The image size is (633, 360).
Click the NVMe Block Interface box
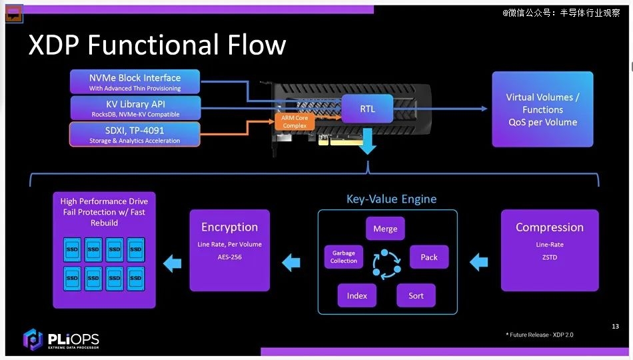pos(135,82)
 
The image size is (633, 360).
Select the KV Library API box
pos(135,108)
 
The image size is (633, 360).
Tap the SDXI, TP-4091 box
pos(135,134)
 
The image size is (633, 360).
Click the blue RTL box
pos(367,109)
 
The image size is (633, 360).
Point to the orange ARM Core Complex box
pos(295,121)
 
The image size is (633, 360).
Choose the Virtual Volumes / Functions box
pos(542,109)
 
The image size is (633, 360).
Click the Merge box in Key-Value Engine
pos(385,228)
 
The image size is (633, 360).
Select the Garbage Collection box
pos(344,257)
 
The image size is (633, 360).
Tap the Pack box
pos(428,257)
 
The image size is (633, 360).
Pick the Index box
pos(357,295)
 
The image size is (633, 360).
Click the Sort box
pos(416,295)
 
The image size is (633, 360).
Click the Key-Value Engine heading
pos(392,199)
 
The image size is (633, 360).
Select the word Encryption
pos(229,227)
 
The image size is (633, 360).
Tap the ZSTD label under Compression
pos(550,257)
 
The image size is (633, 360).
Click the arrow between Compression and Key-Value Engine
pos(479,262)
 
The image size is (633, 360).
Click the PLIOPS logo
pos(61,339)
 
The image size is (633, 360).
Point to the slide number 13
pos(615,326)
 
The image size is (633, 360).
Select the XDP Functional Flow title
pos(157,45)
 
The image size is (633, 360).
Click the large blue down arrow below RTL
pos(367,141)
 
